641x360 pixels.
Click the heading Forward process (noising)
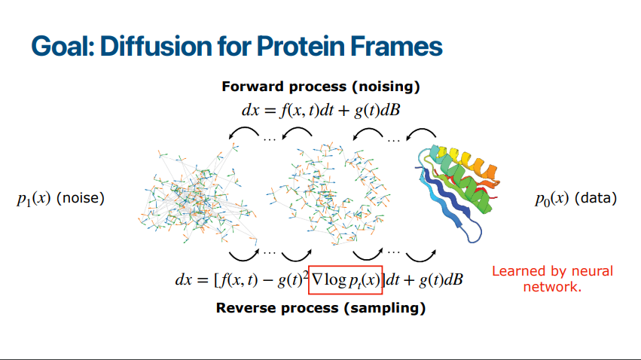tap(321, 87)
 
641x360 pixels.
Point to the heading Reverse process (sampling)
tap(321, 308)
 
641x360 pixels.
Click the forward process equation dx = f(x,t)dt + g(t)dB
tap(321, 110)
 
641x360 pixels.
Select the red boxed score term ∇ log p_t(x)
tap(346, 280)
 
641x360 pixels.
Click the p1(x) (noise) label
tap(60, 199)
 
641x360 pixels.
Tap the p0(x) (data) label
tap(576, 199)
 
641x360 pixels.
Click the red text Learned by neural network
tap(552, 279)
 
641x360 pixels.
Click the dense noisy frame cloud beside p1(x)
tap(198, 194)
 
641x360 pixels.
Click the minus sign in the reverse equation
tap(267, 281)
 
